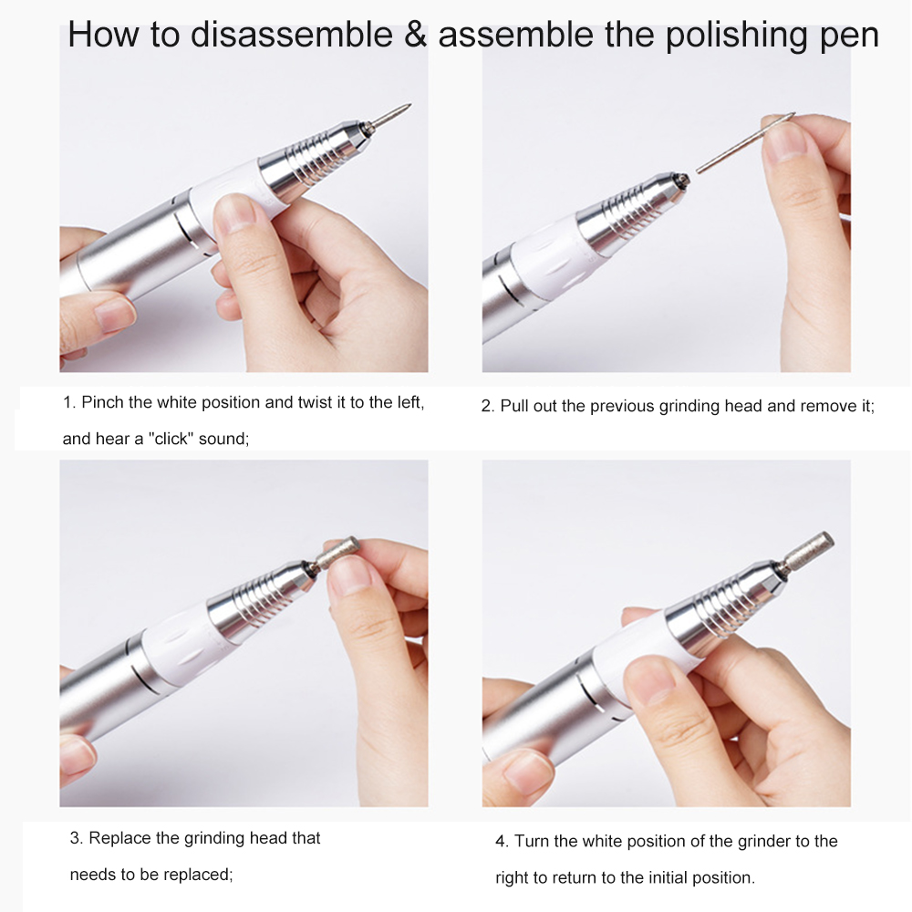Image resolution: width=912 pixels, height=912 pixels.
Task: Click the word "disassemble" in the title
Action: pos(292,34)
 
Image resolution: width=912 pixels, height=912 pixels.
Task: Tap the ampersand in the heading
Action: pos(415,34)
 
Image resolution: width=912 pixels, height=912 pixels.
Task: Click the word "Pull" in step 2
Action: pos(513,406)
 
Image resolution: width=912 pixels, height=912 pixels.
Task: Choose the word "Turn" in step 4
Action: pos(532,841)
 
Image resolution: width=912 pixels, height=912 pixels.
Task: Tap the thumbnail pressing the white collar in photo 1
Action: pos(235,212)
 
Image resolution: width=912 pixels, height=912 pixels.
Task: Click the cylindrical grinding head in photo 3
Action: pos(337,552)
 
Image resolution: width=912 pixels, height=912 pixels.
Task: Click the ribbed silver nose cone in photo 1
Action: pos(314,157)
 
